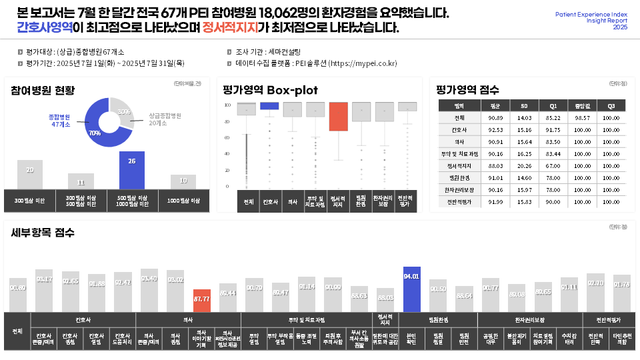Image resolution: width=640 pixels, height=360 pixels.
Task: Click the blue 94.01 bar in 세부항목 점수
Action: pos(411,289)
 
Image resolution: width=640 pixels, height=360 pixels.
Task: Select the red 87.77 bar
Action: pos(201,301)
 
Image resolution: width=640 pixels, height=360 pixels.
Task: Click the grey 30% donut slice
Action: pos(124,113)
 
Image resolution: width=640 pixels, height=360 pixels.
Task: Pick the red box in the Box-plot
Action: pos(339,117)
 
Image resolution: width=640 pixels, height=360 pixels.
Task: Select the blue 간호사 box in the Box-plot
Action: pos(269,105)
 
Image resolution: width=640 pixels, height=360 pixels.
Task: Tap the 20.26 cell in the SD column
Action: pos(524,166)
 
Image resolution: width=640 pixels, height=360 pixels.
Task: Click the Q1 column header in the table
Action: pos(553,106)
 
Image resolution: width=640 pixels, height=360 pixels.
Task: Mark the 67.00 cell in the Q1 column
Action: pos(553,166)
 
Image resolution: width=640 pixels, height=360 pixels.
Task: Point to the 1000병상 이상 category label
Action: pos(183,200)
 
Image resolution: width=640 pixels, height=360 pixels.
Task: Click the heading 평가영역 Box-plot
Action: pos(271,90)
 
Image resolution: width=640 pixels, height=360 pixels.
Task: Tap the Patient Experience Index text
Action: pos(591,14)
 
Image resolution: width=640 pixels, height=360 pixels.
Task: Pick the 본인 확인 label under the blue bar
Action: pos(411,337)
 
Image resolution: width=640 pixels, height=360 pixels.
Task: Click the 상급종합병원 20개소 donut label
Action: pos(165,119)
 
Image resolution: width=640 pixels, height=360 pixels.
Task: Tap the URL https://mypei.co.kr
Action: pos(363,64)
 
